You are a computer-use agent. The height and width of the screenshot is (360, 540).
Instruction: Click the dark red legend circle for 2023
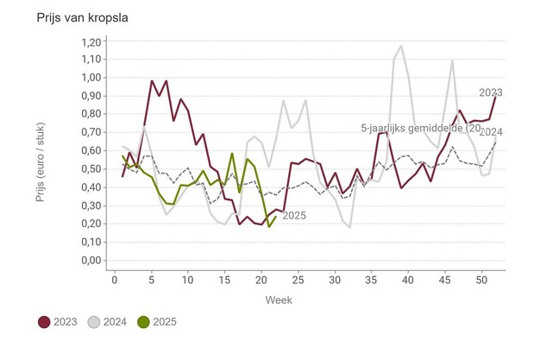45,322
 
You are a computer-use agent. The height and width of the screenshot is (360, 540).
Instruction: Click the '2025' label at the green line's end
294,216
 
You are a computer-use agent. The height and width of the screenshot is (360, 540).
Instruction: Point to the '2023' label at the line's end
491,92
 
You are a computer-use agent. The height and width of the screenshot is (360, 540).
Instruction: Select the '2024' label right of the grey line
491,132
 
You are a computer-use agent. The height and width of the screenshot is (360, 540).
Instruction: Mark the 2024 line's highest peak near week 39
401,47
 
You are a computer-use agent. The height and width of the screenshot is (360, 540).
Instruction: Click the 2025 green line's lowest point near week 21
269,226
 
